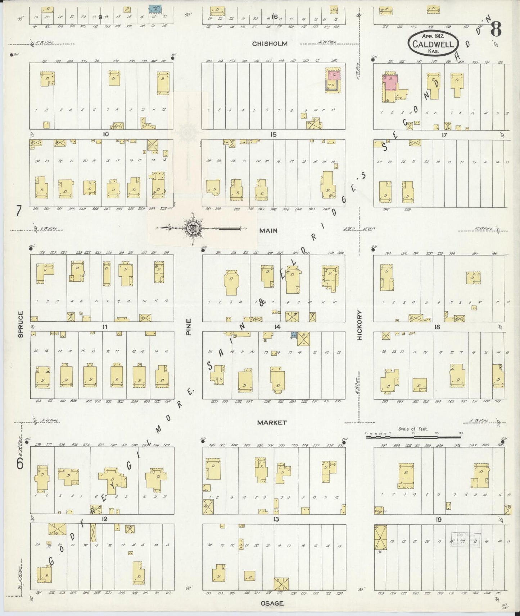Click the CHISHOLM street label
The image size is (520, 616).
click(x=270, y=44)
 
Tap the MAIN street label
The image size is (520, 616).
click(x=268, y=230)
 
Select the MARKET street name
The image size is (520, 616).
click(x=272, y=423)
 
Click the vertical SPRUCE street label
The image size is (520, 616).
click(x=21, y=324)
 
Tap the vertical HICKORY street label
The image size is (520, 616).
click(x=359, y=325)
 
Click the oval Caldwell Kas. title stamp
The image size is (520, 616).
click(x=433, y=42)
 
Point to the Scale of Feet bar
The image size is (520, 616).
click(x=413, y=437)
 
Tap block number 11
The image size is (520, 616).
click(x=105, y=327)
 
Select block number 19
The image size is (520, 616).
click(x=438, y=519)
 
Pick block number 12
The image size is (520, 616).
click(x=105, y=519)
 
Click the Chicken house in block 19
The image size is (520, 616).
click(x=380, y=511)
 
